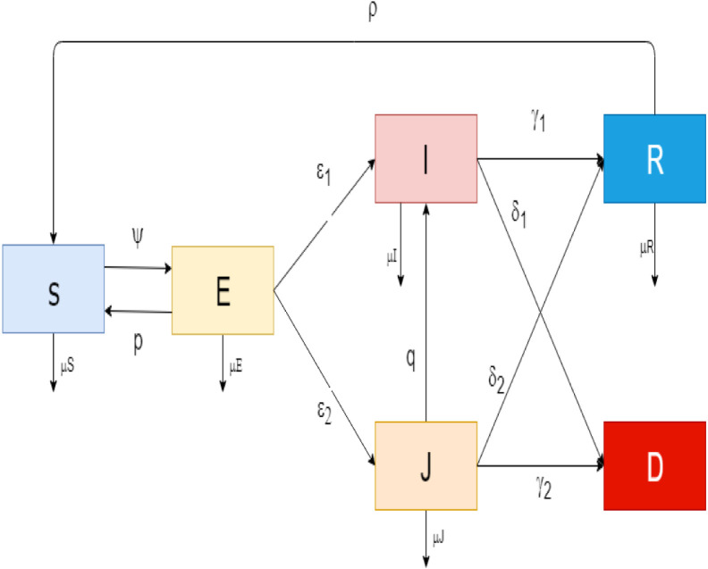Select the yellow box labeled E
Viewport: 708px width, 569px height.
pos(222,290)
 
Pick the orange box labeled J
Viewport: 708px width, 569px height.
pos(426,465)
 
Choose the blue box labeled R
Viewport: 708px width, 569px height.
pos(653,158)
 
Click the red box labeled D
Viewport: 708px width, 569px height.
pos(653,465)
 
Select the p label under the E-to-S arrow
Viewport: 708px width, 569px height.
pos(138,344)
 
